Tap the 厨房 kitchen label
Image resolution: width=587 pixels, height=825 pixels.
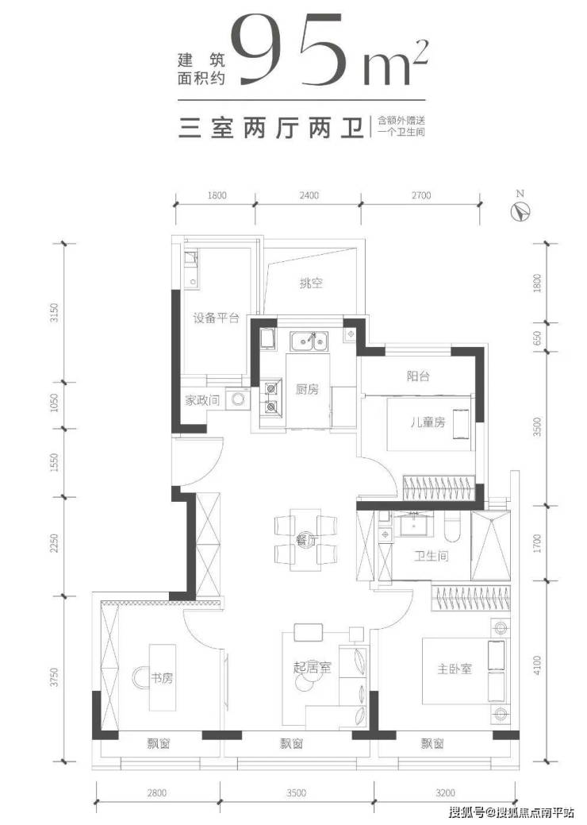(x=307, y=390)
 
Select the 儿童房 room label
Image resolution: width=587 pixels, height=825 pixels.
(x=428, y=422)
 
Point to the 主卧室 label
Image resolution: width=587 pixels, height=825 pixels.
(x=455, y=669)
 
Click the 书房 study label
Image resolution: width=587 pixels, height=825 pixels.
(x=162, y=678)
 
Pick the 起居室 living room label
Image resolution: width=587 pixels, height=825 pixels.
(x=313, y=669)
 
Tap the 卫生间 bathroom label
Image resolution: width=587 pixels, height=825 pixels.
(x=431, y=556)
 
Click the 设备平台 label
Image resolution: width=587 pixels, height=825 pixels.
(x=216, y=318)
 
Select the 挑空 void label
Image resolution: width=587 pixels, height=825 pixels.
(x=311, y=283)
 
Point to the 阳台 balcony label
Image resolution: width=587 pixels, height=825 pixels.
(x=418, y=376)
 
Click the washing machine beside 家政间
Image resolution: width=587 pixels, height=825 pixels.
(x=237, y=399)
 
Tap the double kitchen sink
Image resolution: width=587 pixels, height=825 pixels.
(x=309, y=342)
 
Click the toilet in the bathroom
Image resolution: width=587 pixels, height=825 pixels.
(x=452, y=526)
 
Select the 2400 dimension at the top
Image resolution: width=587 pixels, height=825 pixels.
(x=309, y=195)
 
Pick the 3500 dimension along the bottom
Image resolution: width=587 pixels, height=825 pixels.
(x=297, y=793)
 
